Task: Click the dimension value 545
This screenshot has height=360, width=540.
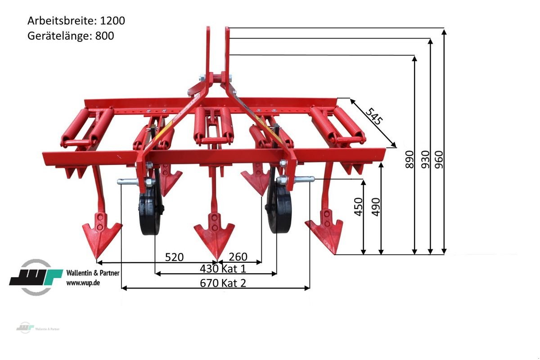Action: pyautogui.click(x=374, y=117)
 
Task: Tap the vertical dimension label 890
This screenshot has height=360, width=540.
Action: pyautogui.click(x=409, y=159)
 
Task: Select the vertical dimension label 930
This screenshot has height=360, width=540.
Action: pyautogui.click(x=426, y=159)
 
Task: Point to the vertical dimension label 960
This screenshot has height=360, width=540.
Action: pyautogui.click(x=439, y=159)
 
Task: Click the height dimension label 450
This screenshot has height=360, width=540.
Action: pyautogui.click(x=358, y=207)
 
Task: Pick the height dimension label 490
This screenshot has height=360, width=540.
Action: pyautogui.click(x=376, y=207)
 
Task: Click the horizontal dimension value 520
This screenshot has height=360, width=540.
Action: pyautogui.click(x=174, y=257)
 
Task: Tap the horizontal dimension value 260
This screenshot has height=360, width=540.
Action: pyautogui.click(x=238, y=257)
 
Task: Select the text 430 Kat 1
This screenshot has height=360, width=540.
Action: pyautogui.click(x=223, y=269)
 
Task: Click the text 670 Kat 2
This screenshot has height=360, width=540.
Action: pyautogui.click(x=223, y=283)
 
